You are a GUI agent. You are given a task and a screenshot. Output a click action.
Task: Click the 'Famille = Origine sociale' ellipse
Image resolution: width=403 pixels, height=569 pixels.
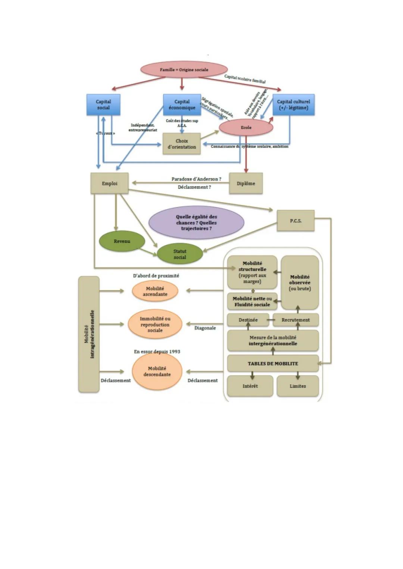pos(184,70)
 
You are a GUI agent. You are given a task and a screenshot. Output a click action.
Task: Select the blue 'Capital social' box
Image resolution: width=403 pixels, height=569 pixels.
pos(103,104)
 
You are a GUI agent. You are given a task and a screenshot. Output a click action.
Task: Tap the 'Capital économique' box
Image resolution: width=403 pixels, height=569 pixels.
pos(182,104)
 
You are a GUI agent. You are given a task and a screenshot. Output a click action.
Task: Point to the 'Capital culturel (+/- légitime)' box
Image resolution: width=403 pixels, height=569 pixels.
pos(293,104)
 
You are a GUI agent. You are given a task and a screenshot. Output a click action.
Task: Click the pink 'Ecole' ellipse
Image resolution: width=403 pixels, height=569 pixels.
pos(246,128)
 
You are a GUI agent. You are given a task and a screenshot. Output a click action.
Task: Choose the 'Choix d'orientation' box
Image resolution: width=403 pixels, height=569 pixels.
pos(182,144)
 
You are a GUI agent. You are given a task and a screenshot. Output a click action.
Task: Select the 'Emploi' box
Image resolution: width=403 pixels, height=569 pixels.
pos(109,183)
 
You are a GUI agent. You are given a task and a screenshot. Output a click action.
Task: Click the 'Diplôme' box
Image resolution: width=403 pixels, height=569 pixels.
pos(246,183)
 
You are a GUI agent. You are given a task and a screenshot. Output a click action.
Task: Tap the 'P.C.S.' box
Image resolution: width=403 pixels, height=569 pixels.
pos(296,221)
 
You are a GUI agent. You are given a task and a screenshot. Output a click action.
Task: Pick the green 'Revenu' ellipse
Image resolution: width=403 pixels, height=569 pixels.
pos(122,241)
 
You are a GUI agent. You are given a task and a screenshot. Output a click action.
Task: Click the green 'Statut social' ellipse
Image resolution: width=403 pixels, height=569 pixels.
pos(180,254)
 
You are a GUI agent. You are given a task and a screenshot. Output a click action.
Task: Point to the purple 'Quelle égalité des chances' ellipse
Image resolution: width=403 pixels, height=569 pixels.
pos(196,222)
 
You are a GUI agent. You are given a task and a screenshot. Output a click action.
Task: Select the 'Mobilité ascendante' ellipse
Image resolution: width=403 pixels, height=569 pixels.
pos(155,291)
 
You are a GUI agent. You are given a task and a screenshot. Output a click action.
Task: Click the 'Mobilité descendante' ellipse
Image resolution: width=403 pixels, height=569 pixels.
pos(157,371)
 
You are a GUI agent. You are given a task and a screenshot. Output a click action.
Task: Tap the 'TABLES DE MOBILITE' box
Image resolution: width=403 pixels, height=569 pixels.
pos(273,363)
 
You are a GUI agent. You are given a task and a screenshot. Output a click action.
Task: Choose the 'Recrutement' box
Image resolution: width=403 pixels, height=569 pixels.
pos(296,320)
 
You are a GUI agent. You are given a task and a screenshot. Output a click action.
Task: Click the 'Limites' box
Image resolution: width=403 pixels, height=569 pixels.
pos(297,386)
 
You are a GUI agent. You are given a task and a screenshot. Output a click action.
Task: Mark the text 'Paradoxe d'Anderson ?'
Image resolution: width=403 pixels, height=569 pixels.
pos(196,179)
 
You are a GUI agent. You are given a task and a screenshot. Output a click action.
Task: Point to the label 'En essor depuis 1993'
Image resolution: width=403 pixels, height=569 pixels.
pos(157,351)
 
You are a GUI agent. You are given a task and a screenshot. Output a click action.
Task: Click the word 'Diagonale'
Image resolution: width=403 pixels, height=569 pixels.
pos(205,328)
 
